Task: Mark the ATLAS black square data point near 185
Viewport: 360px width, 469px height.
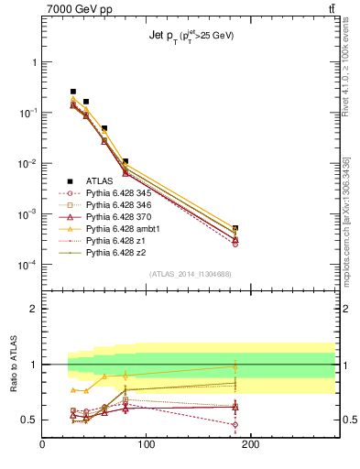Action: click(x=235, y=228)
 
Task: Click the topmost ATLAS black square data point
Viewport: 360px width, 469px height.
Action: click(x=73, y=92)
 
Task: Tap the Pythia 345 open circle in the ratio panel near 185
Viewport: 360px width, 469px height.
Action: click(x=235, y=424)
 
